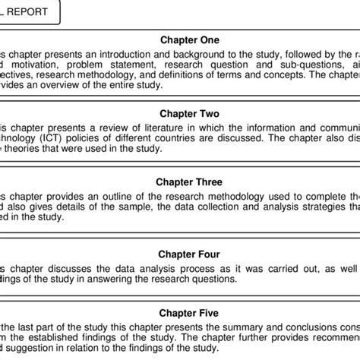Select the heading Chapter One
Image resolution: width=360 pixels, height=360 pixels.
tap(190, 40)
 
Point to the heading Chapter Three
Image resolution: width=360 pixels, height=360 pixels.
tap(190, 182)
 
